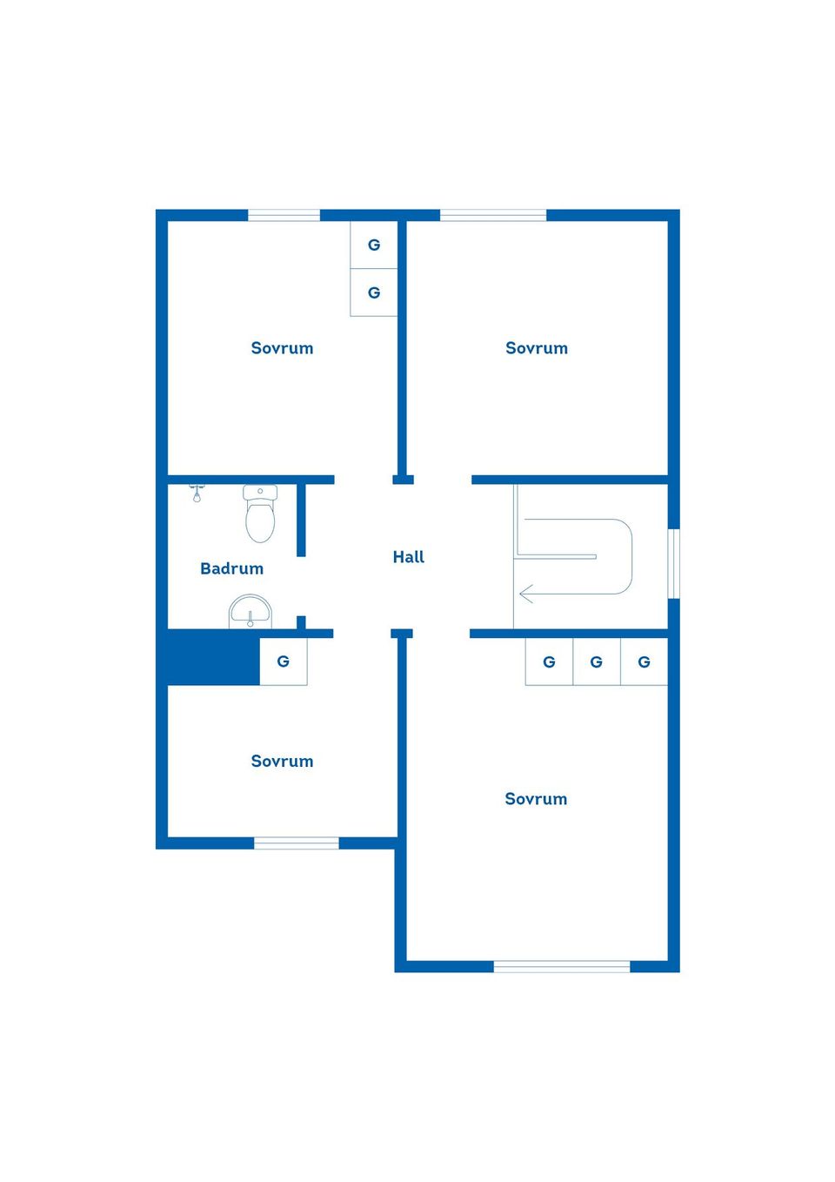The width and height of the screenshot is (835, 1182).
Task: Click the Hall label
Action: (408, 557)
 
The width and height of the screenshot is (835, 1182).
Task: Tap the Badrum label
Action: (231, 568)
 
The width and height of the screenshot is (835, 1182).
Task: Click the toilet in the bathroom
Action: (260, 514)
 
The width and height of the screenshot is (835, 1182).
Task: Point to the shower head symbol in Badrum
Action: (197, 494)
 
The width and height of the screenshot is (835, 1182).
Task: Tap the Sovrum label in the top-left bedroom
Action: (282, 348)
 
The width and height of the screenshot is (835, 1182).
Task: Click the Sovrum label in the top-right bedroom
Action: (537, 348)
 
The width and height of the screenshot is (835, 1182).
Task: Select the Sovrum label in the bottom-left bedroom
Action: (282, 761)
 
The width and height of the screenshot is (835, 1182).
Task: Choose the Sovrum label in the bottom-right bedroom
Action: (536, 799)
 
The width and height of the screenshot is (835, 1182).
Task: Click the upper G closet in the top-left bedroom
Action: (374, 245)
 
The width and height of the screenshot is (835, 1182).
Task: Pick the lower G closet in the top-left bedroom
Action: (374, 292)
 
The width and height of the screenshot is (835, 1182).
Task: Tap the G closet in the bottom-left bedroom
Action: (284, 662)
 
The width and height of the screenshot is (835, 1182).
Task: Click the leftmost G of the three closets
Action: (549, 662)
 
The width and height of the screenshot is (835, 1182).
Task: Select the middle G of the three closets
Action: (597, 662)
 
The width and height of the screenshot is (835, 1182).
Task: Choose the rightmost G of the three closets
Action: (644, 662)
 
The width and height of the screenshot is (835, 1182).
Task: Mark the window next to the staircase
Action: (673, 563)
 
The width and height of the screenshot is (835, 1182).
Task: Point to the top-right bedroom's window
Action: (493, 215)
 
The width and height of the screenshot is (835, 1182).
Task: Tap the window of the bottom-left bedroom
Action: (296, 843)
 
